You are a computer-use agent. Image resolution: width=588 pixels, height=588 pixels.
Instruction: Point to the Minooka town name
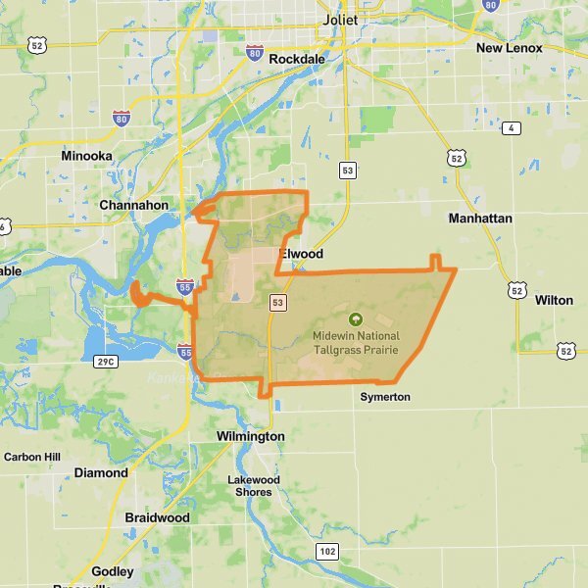[86, 156]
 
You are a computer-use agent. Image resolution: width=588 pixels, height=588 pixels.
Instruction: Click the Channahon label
[133, 206]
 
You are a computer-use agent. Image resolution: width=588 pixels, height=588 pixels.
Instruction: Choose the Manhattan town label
[480, 219]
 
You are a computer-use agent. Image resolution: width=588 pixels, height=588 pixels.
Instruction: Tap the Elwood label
[302, 254]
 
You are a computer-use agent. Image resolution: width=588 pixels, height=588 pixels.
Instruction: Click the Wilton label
[554, 300]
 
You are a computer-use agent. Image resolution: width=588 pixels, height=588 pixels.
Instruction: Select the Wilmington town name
[250, 436]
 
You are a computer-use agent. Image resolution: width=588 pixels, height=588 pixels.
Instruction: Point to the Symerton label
[385, 397]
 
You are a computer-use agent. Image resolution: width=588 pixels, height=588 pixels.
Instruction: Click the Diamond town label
[101, 472]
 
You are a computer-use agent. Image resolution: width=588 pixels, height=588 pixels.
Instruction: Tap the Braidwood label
[157, 517]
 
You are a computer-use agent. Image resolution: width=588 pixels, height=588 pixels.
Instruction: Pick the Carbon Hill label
[32, 457]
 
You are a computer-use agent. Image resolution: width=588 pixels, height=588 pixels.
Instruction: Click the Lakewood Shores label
[254, 486]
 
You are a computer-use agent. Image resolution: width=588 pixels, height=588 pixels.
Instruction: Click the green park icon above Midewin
[355, 318]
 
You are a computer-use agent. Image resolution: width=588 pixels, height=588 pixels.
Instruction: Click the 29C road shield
[106, 363]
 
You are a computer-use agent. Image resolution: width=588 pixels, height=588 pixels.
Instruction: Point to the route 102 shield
[327, 553]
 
